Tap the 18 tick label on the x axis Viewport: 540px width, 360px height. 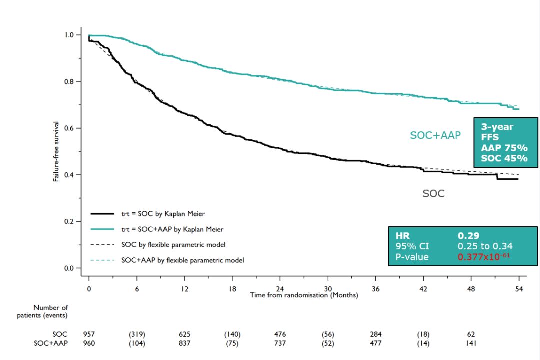coord(232,289)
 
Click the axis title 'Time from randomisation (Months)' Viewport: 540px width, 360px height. coord(304,295)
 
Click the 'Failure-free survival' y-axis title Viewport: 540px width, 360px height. coord(57,151)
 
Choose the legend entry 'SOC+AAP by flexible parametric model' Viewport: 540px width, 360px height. coord(182,260)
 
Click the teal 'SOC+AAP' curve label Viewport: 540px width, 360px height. coord(435,135)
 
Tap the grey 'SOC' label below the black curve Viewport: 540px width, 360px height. coord(433,194)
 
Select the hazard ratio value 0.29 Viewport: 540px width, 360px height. coord(468,235)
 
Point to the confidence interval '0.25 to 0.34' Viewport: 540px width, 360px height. coord(485,246)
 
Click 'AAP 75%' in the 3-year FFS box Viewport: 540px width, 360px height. coord(504,148)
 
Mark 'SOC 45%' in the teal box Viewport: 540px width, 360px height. coord(504,159)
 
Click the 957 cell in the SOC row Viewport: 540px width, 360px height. coord(89,334)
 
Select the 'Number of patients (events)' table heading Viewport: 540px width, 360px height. coord(50,311)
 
